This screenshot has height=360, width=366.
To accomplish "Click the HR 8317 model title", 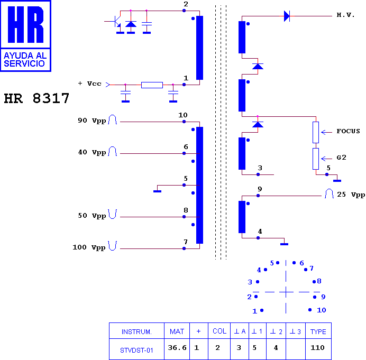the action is [x=36, y=98].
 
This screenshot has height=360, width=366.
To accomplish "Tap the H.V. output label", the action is [x=345, y=15].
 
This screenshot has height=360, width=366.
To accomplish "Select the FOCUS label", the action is [x=348, y=131].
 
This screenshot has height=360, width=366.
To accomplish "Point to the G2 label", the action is [x=341, y=158].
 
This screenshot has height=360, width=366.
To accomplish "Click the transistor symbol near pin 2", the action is [x=116, y=22].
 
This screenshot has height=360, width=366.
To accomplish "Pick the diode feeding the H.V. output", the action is [x=287, y=16].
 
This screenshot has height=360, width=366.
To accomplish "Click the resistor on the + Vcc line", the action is [x=152, y=85].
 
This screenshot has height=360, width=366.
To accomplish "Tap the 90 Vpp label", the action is [x=91, y=121].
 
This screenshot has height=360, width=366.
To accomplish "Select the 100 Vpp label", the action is [x=89, y=247].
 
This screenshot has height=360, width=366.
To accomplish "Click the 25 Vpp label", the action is [x=351, y=195].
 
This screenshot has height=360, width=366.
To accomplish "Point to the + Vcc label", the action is [x=89, y=84].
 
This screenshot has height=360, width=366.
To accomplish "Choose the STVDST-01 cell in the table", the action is [x=136, y=350].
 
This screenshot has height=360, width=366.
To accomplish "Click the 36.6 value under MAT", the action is [x=177, y=348].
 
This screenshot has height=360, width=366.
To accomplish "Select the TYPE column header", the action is [x=318, y=331].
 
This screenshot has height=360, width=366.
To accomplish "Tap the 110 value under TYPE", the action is [x=317, y=348].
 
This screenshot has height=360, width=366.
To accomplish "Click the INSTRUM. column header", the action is [x=136, y=332].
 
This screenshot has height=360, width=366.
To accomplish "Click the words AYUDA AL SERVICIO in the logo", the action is [x=25, y=60].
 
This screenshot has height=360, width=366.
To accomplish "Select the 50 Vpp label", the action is [x=91, y=216].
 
